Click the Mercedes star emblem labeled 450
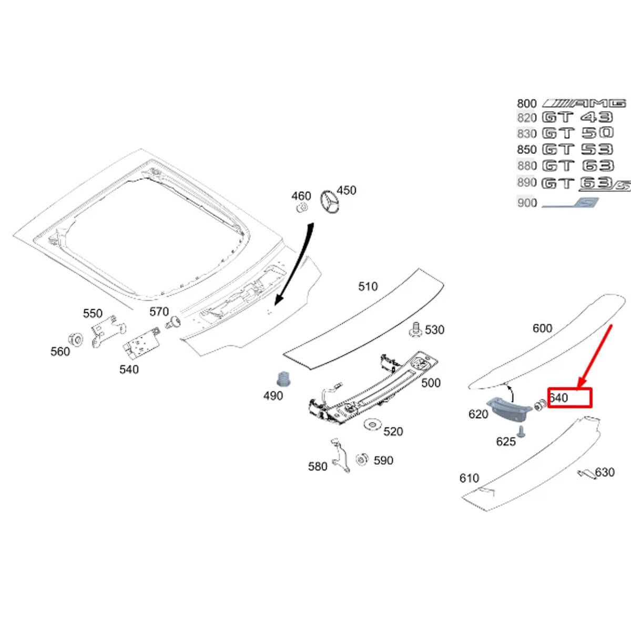[x=330, y=202]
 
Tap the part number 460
[x=301, y=196]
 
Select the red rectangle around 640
[x=570, y=398]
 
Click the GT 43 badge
[x=577, y=117]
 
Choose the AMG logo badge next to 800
[x=584, y=103]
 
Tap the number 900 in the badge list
[x=526, y=203]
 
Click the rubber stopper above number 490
[x=284, y=379]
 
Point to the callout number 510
[x=368, y=287]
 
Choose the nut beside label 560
[x=75, y=339]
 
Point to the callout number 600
[x=542, y=328]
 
